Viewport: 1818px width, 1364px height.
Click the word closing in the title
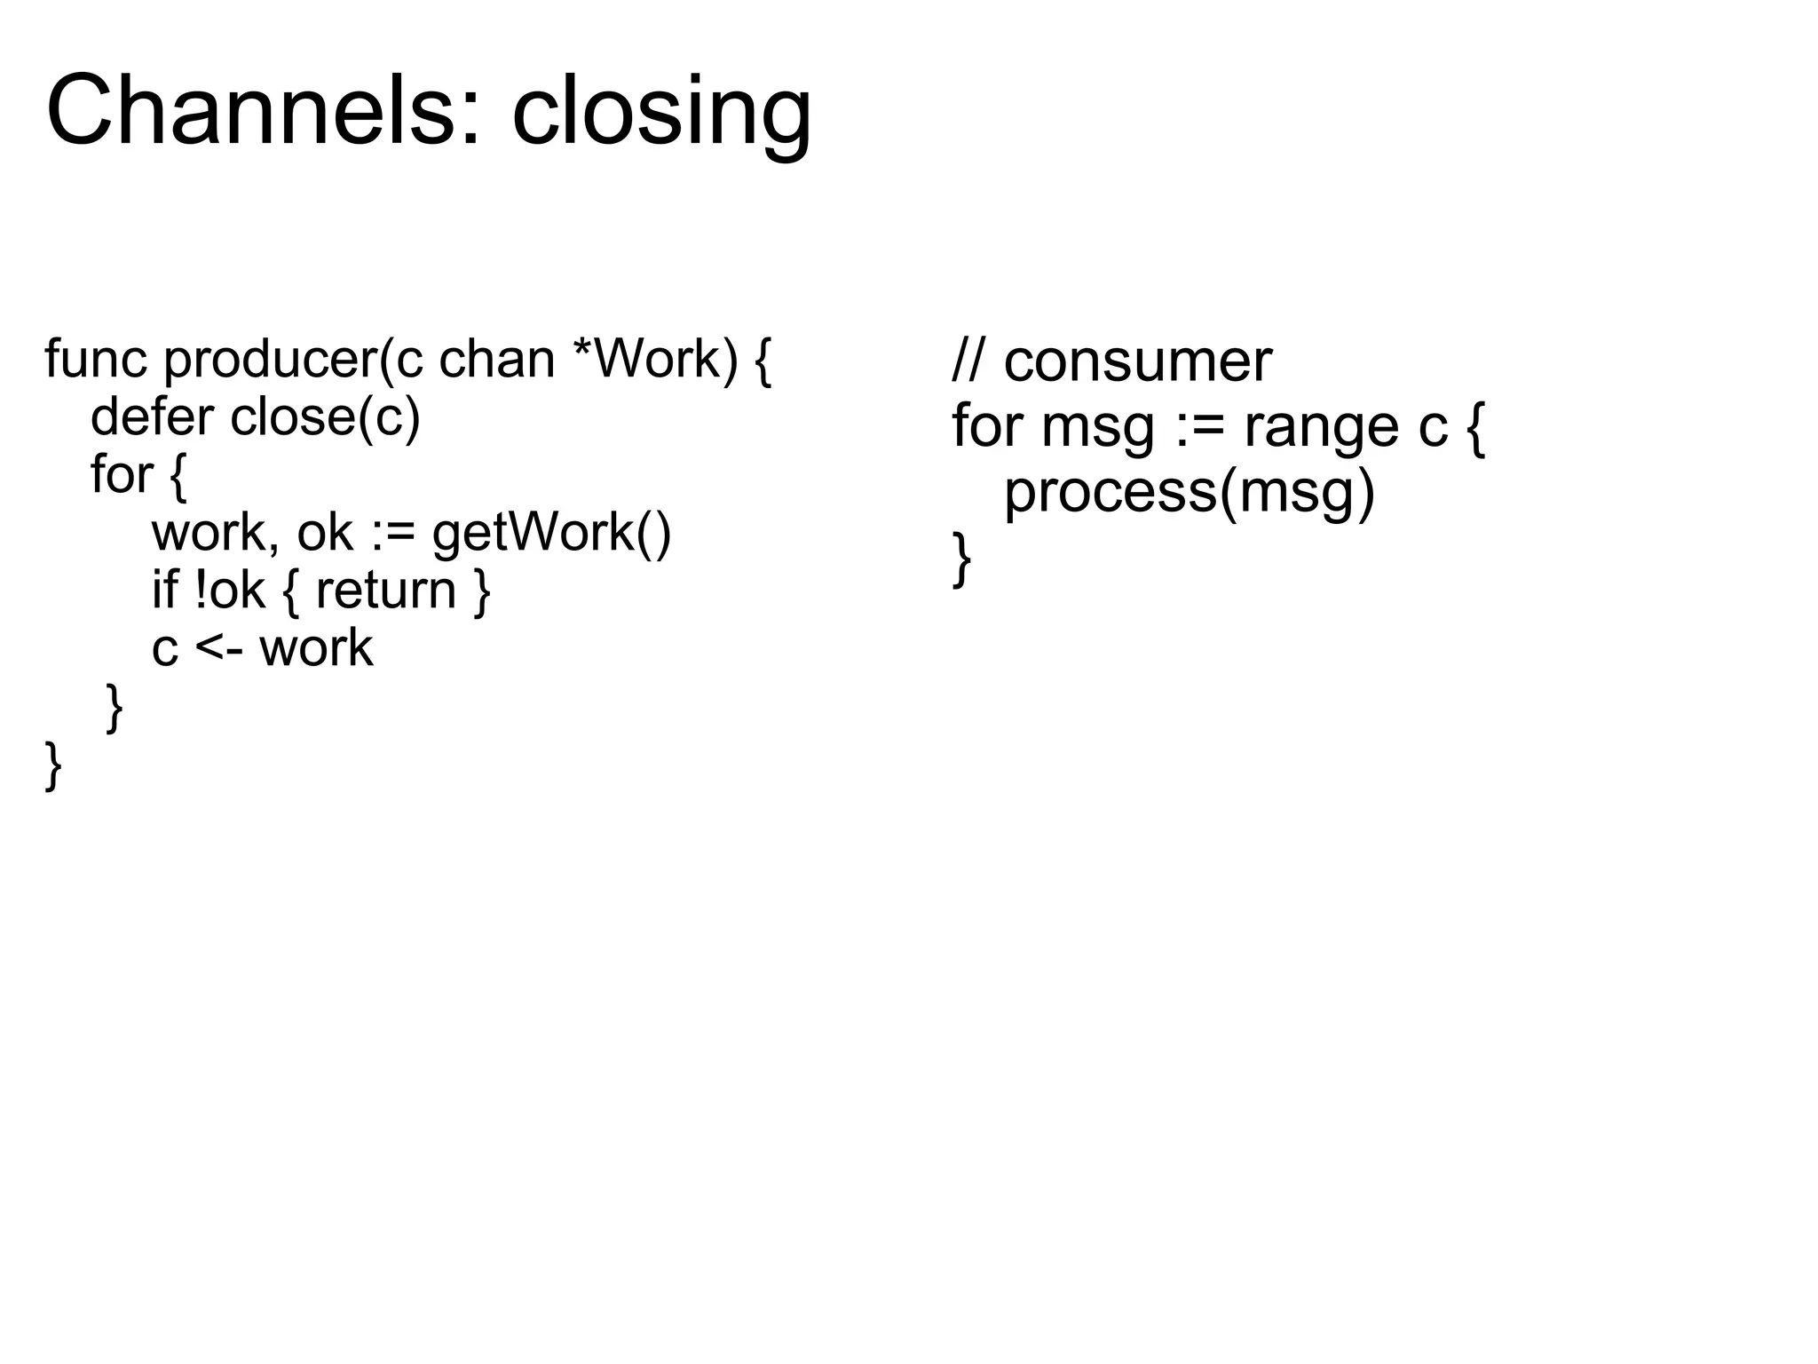[661, 115]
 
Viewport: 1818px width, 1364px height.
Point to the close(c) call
[325, 417]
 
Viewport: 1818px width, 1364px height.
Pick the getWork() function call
[551, 533]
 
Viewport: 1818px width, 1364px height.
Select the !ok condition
[229, 590]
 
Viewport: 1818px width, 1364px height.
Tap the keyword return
[386, 590]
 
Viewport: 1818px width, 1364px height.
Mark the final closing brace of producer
[53, 765]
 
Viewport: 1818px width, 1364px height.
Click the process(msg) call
[1189, 493]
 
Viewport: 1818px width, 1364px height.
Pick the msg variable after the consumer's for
[1097, 428]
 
